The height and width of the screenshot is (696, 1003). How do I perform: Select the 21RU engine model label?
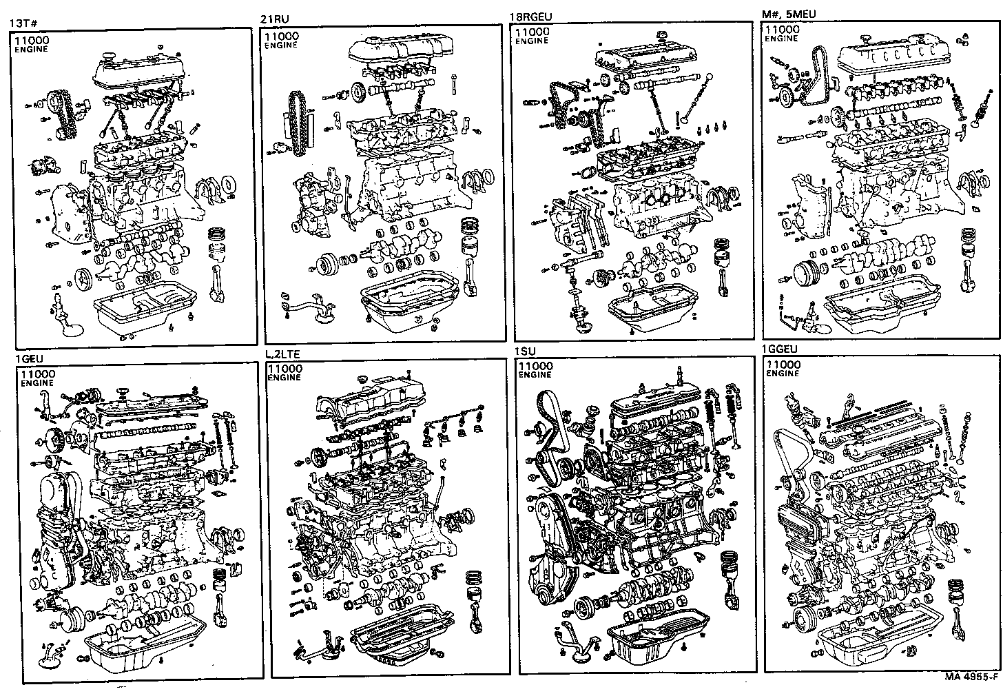(x=274, y=19)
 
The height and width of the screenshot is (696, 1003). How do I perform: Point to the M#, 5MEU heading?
(x=789, y=14)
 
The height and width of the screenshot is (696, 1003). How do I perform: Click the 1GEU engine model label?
(x=28, y=360)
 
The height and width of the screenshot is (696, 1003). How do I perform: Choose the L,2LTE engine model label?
(x=282, y=354)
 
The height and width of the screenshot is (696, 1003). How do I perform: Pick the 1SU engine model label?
(x=525, y=351)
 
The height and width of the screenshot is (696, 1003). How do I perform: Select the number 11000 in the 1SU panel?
(x=535, y=365)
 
